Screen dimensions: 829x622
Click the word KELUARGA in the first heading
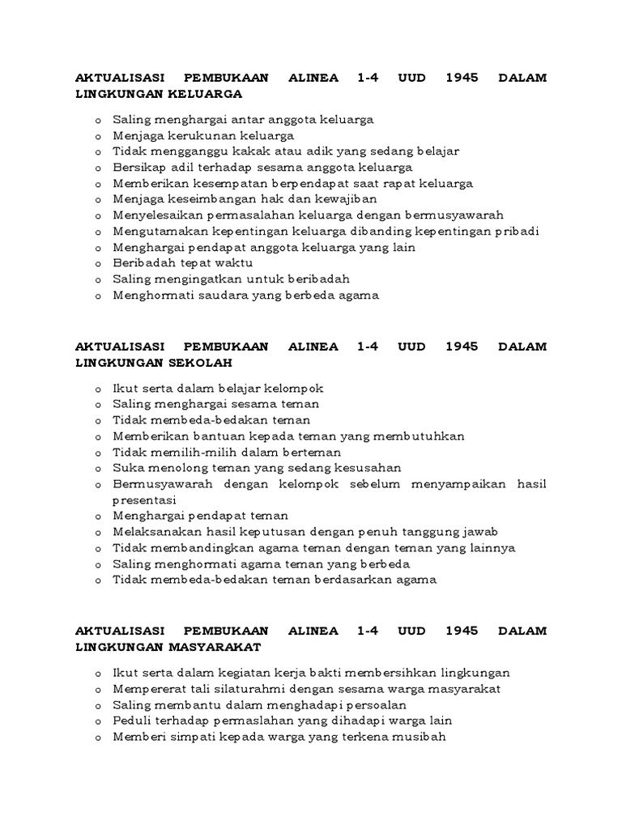(205, 94)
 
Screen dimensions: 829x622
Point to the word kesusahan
(367, 468)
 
